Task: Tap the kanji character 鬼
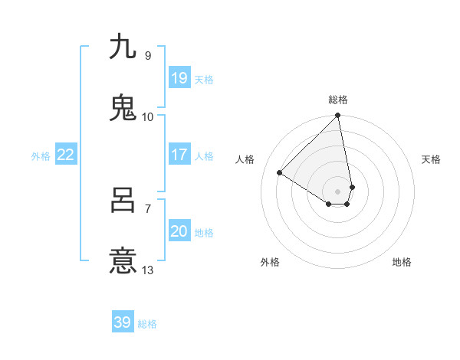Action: point(123,108)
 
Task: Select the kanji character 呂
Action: point(123,201)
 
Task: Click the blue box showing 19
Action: point(179,78)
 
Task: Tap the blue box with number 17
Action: point(179,155)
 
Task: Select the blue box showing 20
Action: point(179,231)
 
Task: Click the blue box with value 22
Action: point(66,155)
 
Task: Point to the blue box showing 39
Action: point(123,322)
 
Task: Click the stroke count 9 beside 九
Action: point(147,55)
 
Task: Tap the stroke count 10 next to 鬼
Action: point(147,116)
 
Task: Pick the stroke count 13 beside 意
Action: point(147,270)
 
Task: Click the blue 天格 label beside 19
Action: point(204,80)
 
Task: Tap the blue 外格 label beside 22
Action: point(41,156)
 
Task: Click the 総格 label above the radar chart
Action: point(338,100)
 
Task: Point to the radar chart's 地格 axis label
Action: point(402,262)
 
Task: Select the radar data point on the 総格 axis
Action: point(338,116)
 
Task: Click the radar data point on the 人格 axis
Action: point(280,173)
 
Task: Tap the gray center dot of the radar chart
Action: point(338,191)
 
